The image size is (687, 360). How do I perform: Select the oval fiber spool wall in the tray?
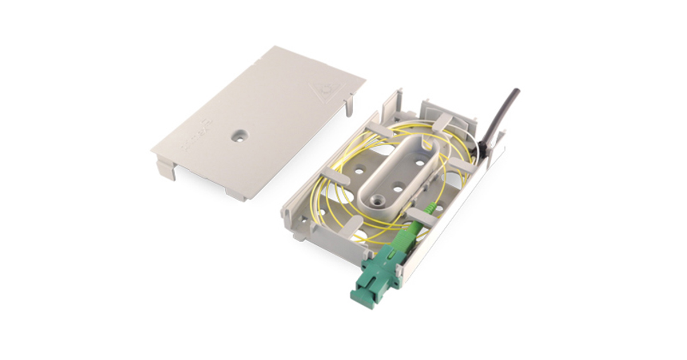coord(401,171)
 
